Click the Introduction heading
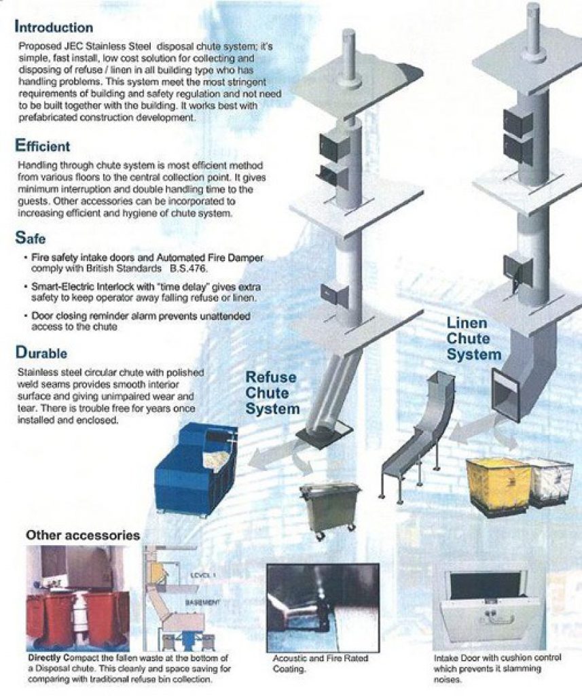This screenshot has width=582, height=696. point(54,28)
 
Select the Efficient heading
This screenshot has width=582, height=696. point(43,145)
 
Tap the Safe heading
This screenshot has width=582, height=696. point(31,239)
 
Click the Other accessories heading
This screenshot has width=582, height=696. point(83,535)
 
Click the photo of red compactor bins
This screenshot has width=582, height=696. point(75,599)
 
